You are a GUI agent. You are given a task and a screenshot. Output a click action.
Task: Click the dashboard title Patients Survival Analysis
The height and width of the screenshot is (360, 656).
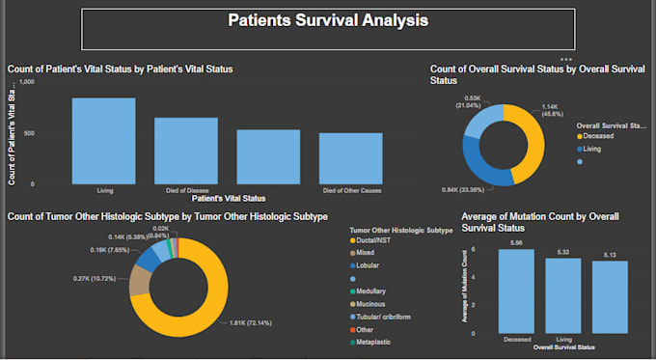328,20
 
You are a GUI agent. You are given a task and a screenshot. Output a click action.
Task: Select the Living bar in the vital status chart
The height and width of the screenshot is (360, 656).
103,140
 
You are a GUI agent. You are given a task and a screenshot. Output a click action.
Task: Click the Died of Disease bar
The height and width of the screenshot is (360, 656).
186,150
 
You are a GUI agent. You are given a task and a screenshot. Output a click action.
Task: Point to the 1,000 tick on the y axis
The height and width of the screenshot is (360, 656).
27,82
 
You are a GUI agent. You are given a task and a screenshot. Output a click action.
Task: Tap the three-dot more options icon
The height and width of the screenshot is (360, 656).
566,59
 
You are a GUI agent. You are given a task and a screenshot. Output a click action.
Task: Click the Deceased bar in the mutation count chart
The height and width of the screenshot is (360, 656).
516,291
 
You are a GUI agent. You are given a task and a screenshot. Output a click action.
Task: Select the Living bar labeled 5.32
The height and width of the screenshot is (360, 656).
563,294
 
